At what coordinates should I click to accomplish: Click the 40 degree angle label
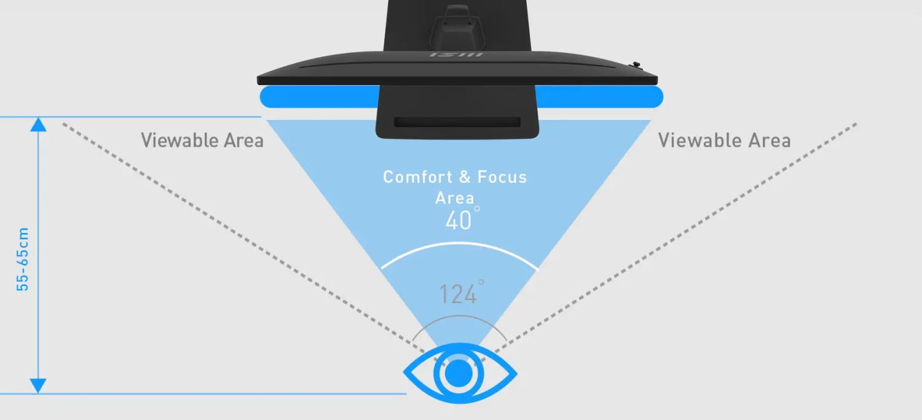point(462,219)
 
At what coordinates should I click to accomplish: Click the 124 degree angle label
point(462,292)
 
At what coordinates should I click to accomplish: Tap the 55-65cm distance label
point(23,259)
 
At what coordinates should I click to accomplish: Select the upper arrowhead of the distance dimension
point(38,125)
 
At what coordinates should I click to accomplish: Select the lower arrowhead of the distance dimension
point(38,386)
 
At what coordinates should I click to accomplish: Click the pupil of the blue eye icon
point(459,373)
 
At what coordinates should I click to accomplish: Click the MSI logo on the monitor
point(457,55)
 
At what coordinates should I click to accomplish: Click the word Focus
point(502,177)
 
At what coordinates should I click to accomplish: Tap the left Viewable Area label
point(202,140)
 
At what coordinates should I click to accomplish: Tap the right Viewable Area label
point(725,140)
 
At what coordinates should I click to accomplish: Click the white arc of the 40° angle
point(459,244)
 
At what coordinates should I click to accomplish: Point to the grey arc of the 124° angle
point(459,316)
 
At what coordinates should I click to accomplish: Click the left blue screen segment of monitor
point(319,97)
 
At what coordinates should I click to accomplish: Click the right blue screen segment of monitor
point(599,97)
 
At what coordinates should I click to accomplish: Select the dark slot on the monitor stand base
point(457,122)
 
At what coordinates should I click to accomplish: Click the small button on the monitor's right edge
point(636,64)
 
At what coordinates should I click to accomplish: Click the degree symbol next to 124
point(481,282)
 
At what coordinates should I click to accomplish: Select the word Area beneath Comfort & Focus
point(455,198)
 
